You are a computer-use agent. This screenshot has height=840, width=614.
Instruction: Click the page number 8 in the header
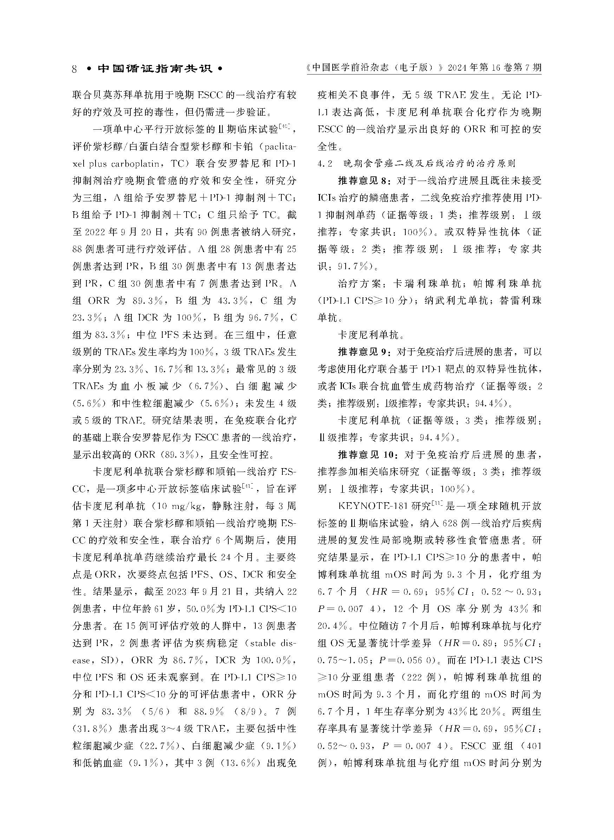75,69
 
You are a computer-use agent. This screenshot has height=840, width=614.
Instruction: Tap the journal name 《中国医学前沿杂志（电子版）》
374,68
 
